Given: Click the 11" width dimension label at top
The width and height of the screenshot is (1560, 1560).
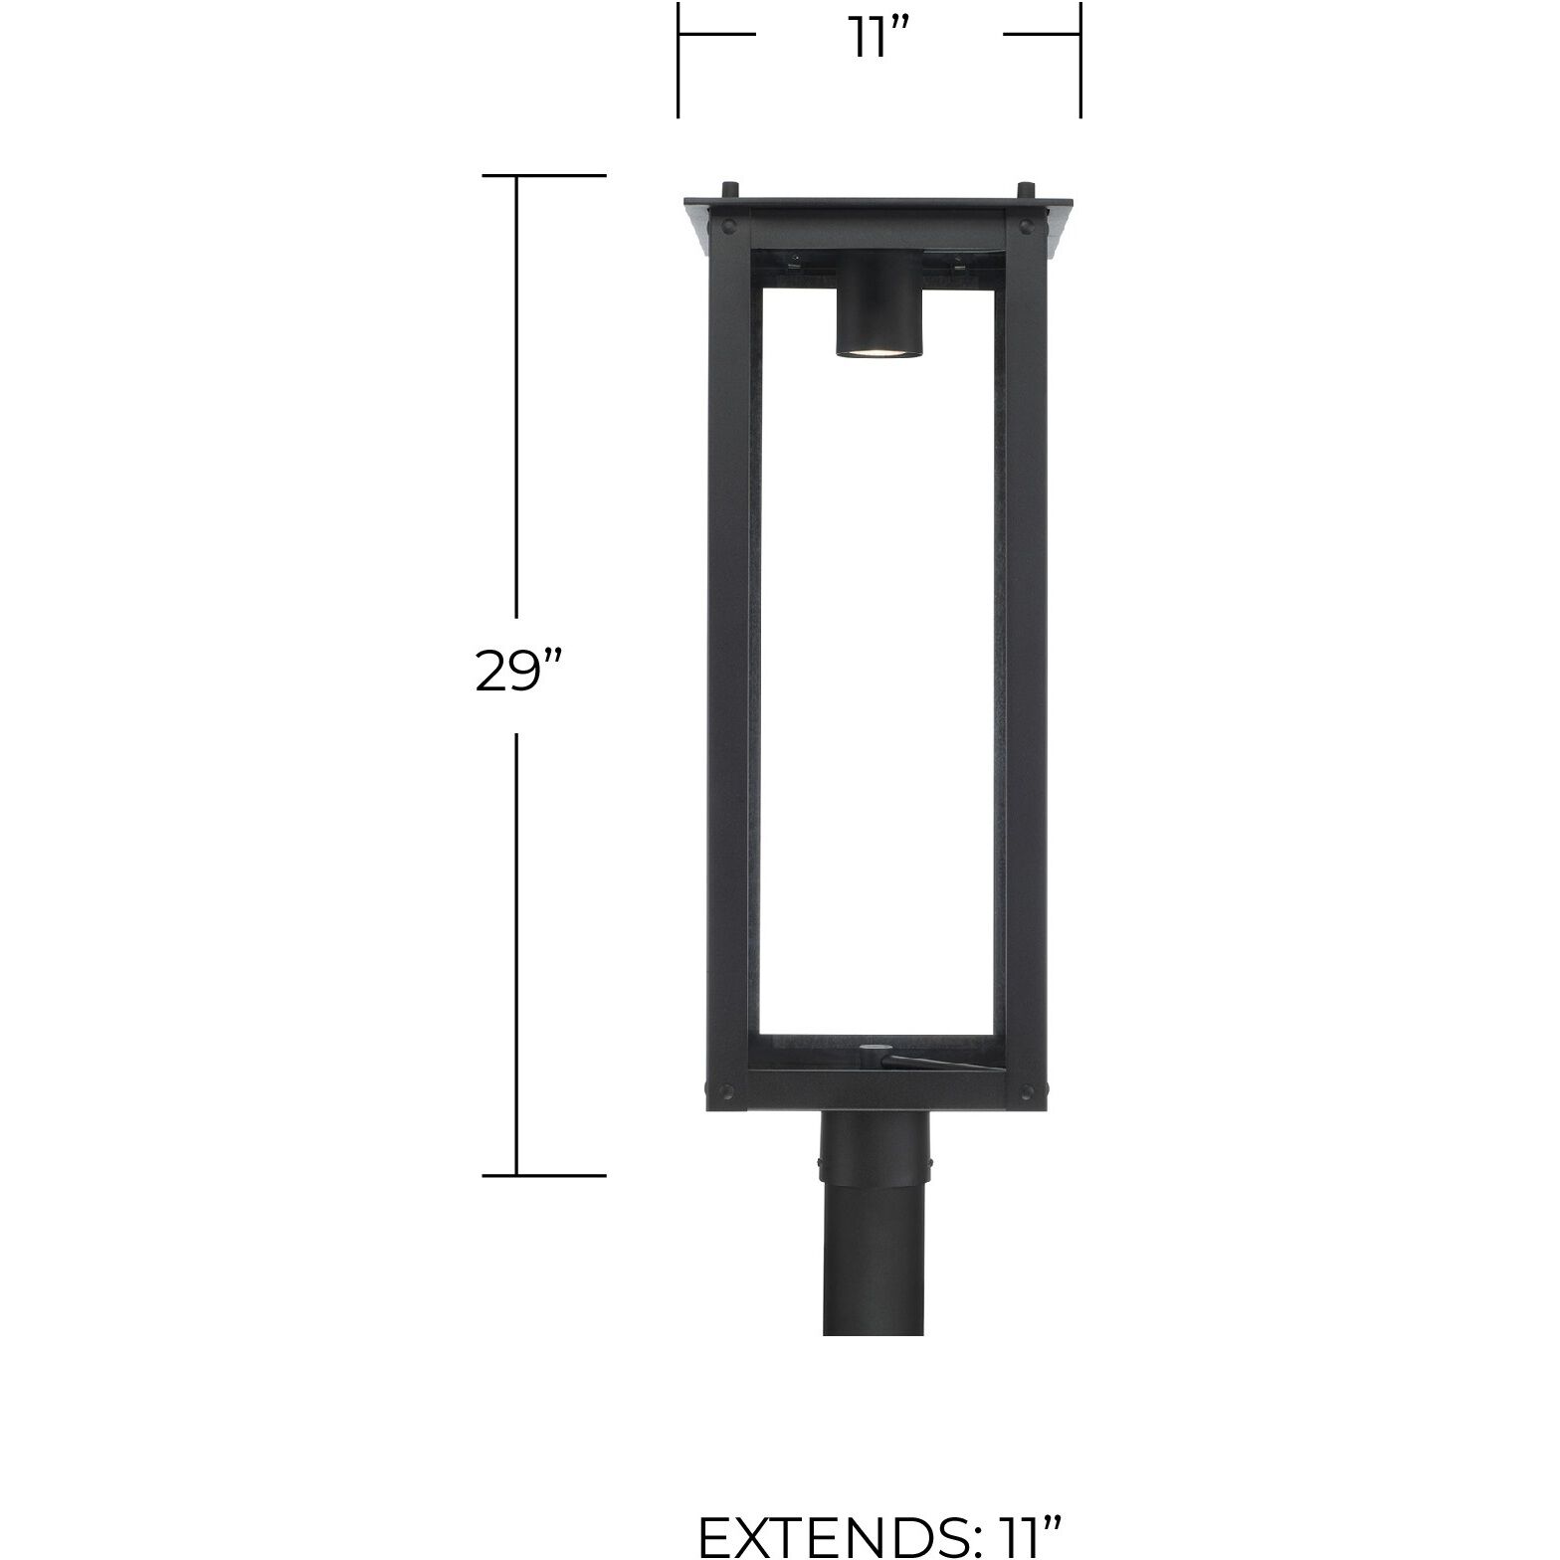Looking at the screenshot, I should pos(878,40).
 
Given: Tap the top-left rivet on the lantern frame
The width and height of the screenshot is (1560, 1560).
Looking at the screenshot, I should pos(729,225).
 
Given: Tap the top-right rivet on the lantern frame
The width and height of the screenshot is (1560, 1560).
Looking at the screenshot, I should pos(1026,225).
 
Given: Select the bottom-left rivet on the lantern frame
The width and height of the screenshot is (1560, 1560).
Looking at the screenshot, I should pos(728,1087).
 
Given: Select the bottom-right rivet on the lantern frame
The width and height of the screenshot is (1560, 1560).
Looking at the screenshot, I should pos(1026,1087).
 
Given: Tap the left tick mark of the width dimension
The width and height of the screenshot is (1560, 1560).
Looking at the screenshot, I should pos(679,60).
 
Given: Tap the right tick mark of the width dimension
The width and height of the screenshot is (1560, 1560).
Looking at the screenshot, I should pos(1080,60).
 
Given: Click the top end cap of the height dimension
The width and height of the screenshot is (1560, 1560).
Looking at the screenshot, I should pos(543,175).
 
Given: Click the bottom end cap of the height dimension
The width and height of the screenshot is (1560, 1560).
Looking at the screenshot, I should pos(543,1175).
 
